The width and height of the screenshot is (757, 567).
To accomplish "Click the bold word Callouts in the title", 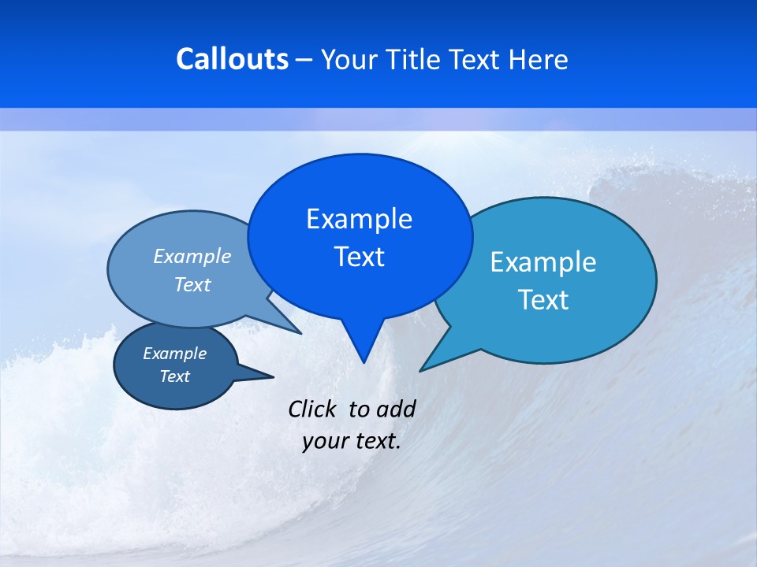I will (232, 59).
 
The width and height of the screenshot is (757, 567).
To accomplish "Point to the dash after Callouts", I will (304, 60).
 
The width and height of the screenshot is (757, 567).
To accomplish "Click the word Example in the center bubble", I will (359, 219).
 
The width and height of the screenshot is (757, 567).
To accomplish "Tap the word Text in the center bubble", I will (359, 257).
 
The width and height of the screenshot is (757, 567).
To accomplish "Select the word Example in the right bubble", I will (543, 262).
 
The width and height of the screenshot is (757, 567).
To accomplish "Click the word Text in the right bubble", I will (543, 300).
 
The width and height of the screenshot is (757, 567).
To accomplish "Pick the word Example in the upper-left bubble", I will (192, 256).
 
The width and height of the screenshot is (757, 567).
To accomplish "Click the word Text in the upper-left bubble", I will (192, 284).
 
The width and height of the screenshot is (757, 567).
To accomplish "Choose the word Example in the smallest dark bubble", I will (175, 354).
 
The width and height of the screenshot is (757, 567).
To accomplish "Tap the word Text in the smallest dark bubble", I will (175, 376).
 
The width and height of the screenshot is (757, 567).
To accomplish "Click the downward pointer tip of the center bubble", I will (363, 361).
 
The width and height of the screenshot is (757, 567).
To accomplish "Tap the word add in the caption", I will (395, 409).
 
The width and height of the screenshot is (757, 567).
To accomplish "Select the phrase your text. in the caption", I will (352, 441).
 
